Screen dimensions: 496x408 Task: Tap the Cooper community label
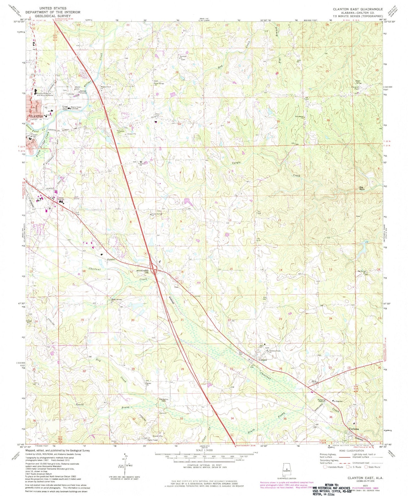point(263,360)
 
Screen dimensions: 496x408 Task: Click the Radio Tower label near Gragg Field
point(76,107)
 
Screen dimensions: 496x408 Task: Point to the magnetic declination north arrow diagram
point(125,463)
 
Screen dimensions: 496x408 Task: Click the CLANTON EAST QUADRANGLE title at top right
point(357,9)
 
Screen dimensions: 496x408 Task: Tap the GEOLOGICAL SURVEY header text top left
point(53,16)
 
